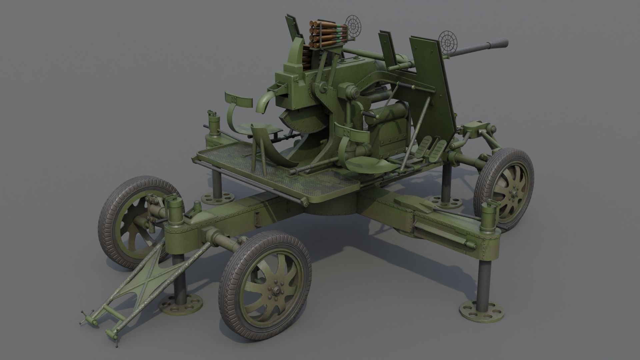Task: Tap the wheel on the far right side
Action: point(504,189)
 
